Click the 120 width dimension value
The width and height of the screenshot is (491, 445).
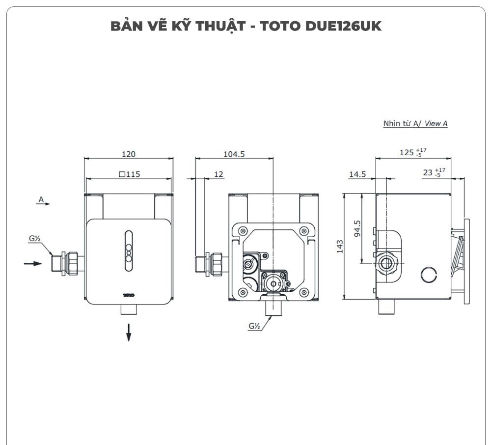[129, 154]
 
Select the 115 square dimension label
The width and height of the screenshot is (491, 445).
[129, 174]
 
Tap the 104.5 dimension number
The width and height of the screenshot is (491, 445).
[234, 154]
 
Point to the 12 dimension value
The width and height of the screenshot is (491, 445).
[218, 174]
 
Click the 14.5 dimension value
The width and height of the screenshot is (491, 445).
[357, 174]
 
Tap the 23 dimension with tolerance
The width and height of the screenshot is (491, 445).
[432, 172]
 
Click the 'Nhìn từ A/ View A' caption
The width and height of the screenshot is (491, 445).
[415, 124]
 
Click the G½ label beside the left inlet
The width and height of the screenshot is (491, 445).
[34, 239]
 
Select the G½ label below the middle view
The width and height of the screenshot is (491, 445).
[254, 326]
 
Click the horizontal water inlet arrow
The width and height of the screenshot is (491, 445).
[33, 263]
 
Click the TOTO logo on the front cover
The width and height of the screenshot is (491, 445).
[129, 295]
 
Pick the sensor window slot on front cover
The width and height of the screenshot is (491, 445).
[129, 251]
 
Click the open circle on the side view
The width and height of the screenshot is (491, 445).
[429, 274]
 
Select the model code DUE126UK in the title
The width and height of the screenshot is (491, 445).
[343, 26]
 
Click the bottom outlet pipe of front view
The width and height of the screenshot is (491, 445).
[129, 309]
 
